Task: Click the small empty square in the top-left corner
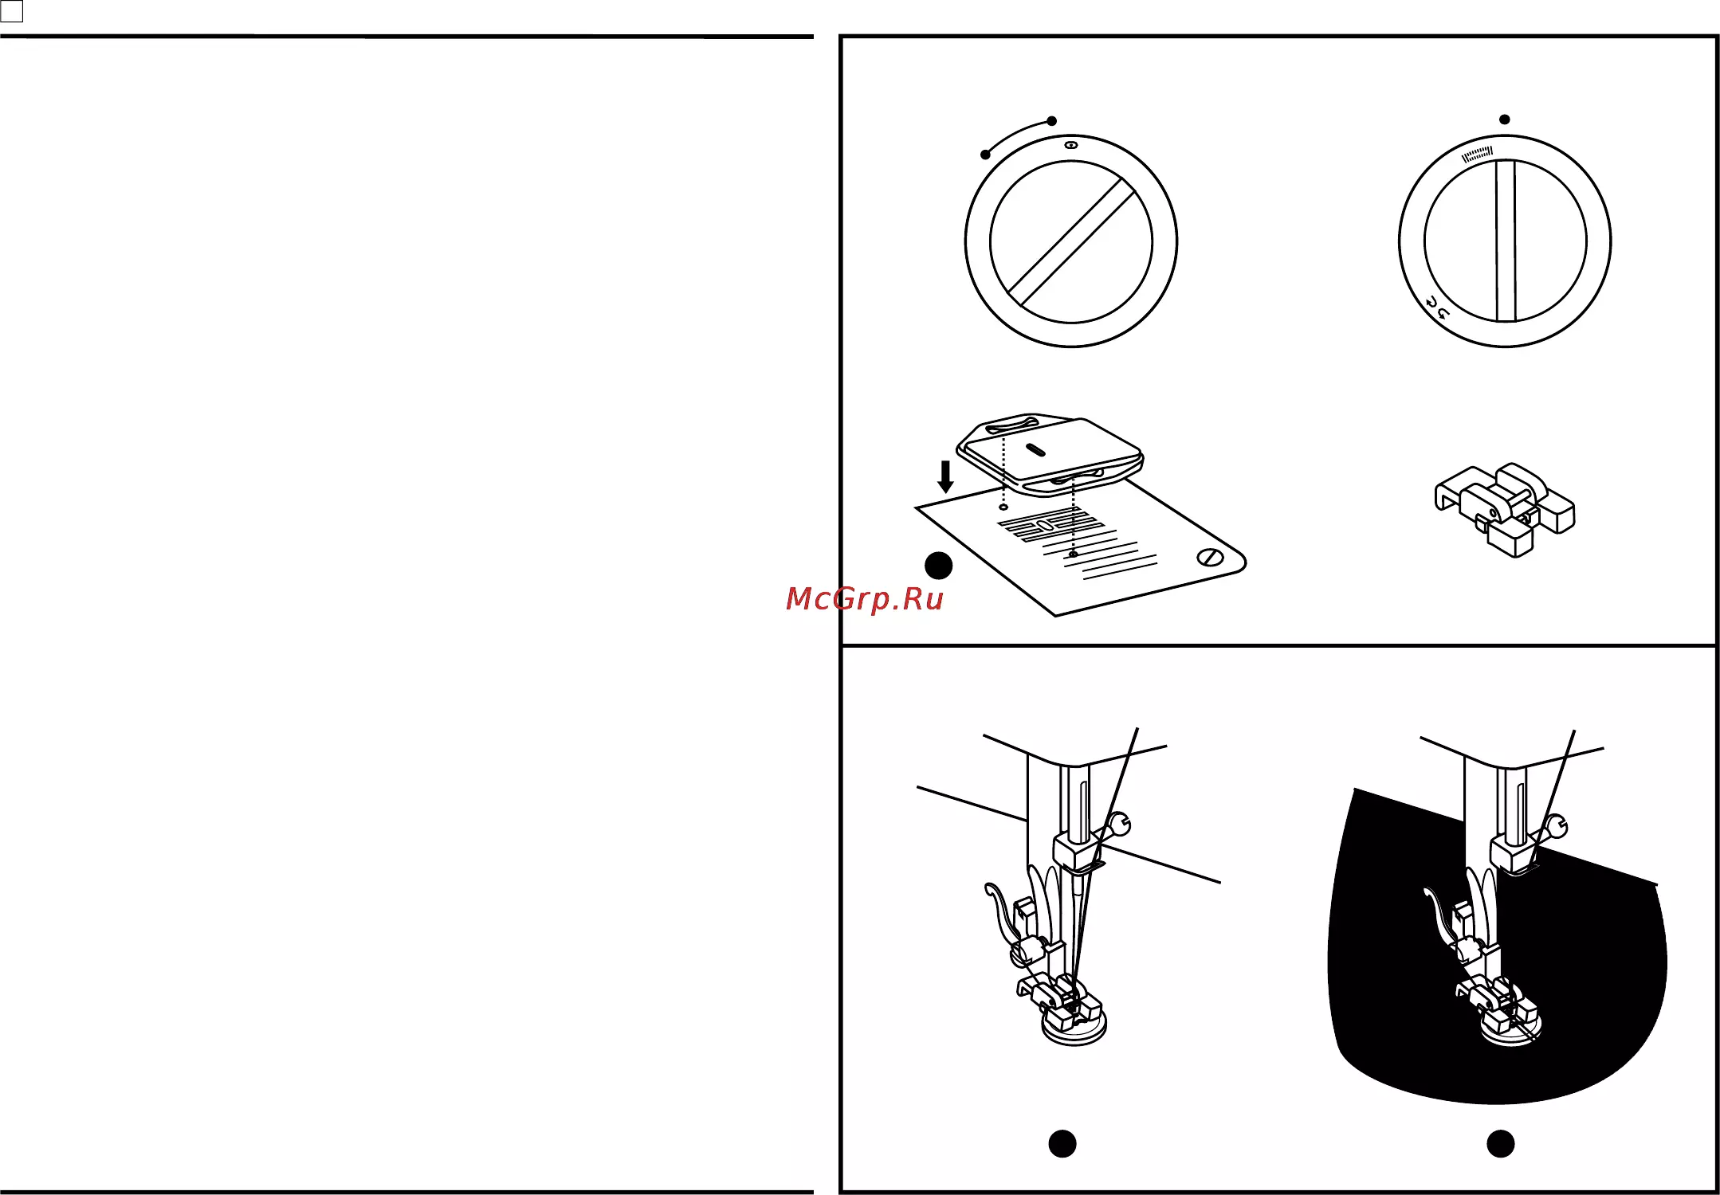pos(12,11)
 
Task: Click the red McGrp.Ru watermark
pos(864,599)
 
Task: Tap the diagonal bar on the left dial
pos(1071,242)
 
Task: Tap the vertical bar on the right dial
pos(1506,241)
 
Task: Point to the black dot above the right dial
pos(1505,119)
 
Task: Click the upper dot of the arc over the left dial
pos(1052,121)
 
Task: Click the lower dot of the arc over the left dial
pos(986,155)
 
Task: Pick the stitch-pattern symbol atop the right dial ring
pos(1477,154)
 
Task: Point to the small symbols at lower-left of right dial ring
pos(1436,308)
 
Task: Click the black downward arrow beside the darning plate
pos(946,476)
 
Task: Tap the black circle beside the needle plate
pos(939,566)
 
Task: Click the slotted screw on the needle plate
pos(1211,558)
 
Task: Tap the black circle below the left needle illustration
pos(1062,1144)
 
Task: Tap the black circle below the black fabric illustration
pos(1501,1144)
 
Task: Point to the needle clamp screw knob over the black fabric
pos(1557,827)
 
